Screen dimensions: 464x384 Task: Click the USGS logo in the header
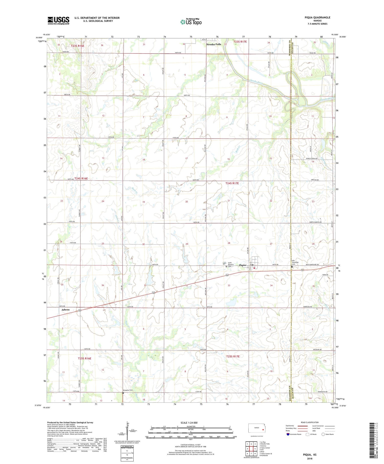coord(58,20)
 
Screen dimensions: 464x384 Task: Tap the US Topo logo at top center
coord(191,22)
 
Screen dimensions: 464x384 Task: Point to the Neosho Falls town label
coord(214,44)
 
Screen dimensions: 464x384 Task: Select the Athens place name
coord(65,310)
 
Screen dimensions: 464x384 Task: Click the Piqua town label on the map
coord(243,265)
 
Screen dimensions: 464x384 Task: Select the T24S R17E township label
coord(232,183)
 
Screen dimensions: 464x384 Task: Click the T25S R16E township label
coord(84,358)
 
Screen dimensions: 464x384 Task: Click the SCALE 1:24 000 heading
coord(189,423)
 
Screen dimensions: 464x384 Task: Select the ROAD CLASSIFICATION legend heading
coord(310,422)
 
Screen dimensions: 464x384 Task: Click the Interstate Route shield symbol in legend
coord(288,434)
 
